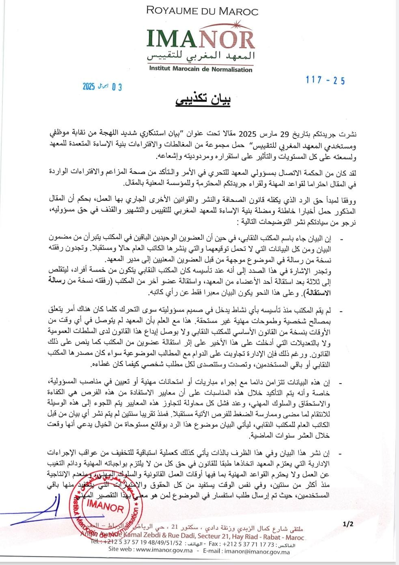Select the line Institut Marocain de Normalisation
(201, 69)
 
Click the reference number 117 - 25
(325, 80)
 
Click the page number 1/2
(348, 524)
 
